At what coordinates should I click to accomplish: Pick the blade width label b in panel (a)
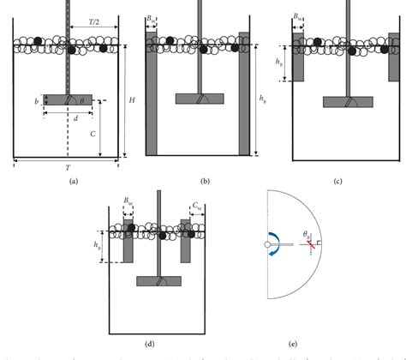click(35, 100)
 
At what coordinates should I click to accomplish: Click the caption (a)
click(73, 182)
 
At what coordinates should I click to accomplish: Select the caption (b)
click(204, 182)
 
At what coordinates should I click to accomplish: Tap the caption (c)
click(338, 182)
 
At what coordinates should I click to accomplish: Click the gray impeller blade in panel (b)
click(200, 99)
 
